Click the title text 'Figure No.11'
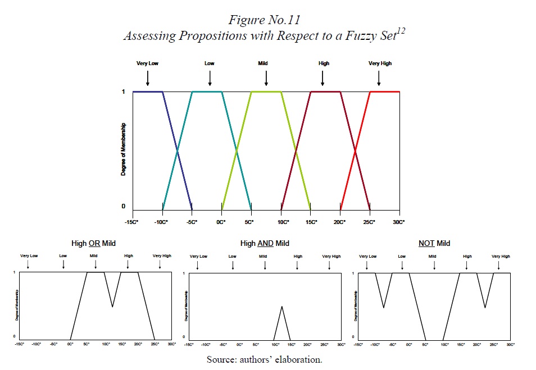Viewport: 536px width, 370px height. click(264, 20)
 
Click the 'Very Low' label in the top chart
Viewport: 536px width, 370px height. click(147, 63)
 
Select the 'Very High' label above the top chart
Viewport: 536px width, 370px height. click(380, 63)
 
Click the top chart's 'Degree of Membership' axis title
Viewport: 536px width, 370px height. click(124, 149)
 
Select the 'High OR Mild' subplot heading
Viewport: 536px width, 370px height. click(94, 244)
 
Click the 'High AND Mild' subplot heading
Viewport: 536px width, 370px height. click(265, 244)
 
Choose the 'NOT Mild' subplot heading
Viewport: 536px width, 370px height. click(434, 244)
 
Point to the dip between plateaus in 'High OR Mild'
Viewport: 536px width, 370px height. click(113, 307)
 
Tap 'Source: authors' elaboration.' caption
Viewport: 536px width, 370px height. click(264, 359)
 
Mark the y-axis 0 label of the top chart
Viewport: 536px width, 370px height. click(124, 206)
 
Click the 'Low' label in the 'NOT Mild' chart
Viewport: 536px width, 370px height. click(402, 257)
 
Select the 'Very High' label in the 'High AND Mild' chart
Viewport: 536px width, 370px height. click(331, 257)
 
